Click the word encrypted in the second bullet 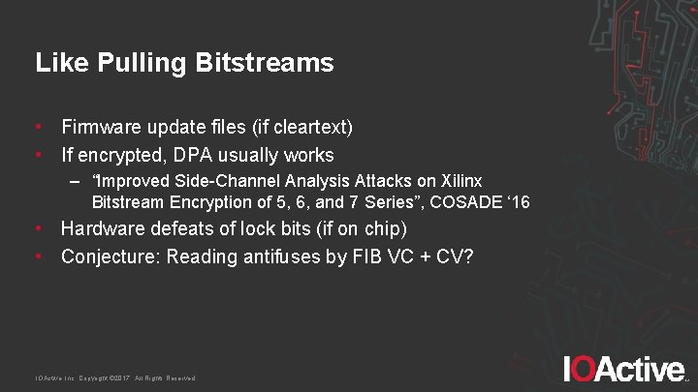119,155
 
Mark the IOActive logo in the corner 624,369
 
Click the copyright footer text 115,377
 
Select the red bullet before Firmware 39,127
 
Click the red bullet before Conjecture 39,256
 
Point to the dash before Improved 76,182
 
